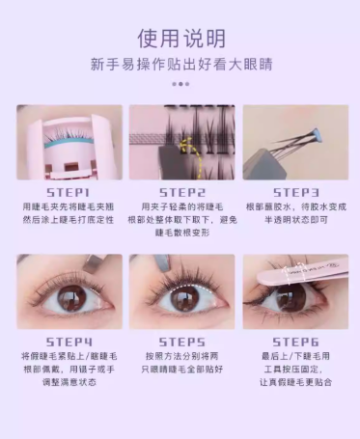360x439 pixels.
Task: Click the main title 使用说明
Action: click(x=180, y=38)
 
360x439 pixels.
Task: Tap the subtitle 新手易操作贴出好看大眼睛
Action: click(x=180, y=66)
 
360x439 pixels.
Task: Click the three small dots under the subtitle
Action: click(x=180, y=84)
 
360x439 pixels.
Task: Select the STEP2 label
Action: click(x=181, y=193)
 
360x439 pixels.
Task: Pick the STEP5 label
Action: click(x=181, y=342)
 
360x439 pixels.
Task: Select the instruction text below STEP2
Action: click(x=181, y=220)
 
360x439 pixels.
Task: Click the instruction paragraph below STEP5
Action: click(x=181, y=363)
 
